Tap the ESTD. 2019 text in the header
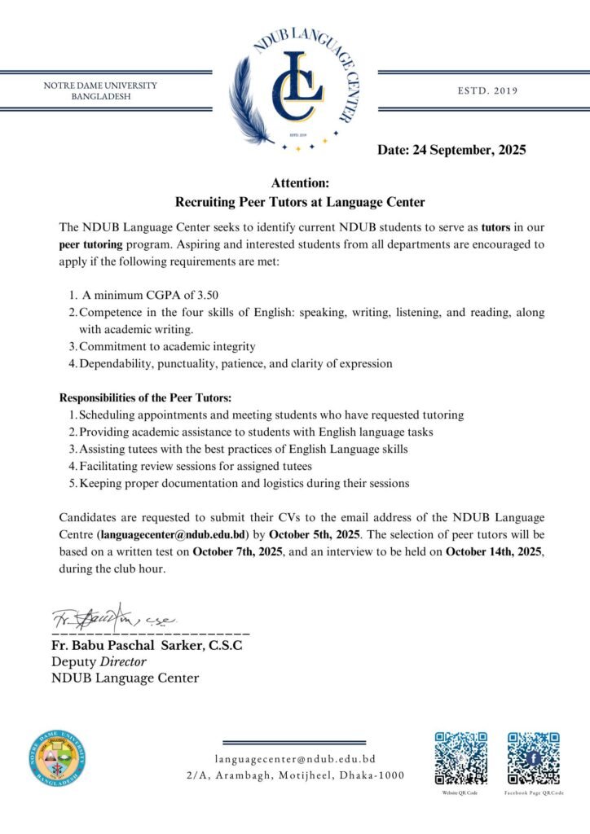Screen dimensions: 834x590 point(488,90)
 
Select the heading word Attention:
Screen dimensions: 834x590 point(300,183)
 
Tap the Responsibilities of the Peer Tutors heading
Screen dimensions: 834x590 point(146,397)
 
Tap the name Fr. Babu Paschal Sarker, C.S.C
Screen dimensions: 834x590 point(147,646)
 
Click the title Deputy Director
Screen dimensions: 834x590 point(99,662)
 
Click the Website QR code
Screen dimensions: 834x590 point(460,758)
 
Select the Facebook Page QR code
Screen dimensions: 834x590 point(534,758)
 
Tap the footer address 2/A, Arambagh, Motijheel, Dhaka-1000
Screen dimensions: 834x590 point(295,775)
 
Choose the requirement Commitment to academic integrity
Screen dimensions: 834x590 point(167,346)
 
